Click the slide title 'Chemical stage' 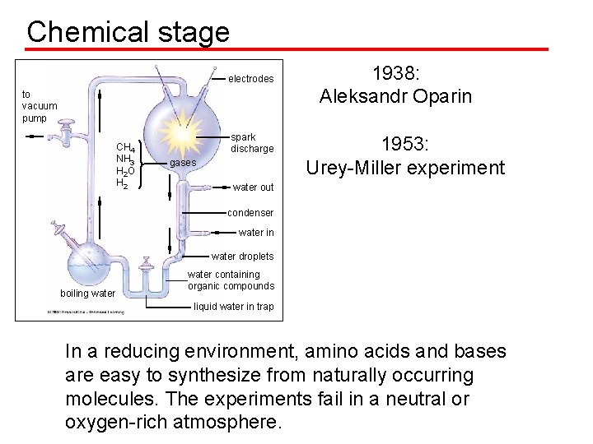point(128,32)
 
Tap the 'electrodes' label point(250,79)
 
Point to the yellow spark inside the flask point(183,133)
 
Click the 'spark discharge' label point(251,143)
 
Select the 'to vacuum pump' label point(40,106)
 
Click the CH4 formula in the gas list point(126,147)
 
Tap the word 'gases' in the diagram point(182,163)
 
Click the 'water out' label point(253,187)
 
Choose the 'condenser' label point(250,213)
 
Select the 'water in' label point(256,233)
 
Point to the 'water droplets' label point(242,257)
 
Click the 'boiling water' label point(87,294)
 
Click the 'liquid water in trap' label point(233,307)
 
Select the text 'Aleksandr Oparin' point(395,96)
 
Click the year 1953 point(404,145)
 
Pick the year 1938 point(396,73)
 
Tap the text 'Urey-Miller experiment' point(404,168)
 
